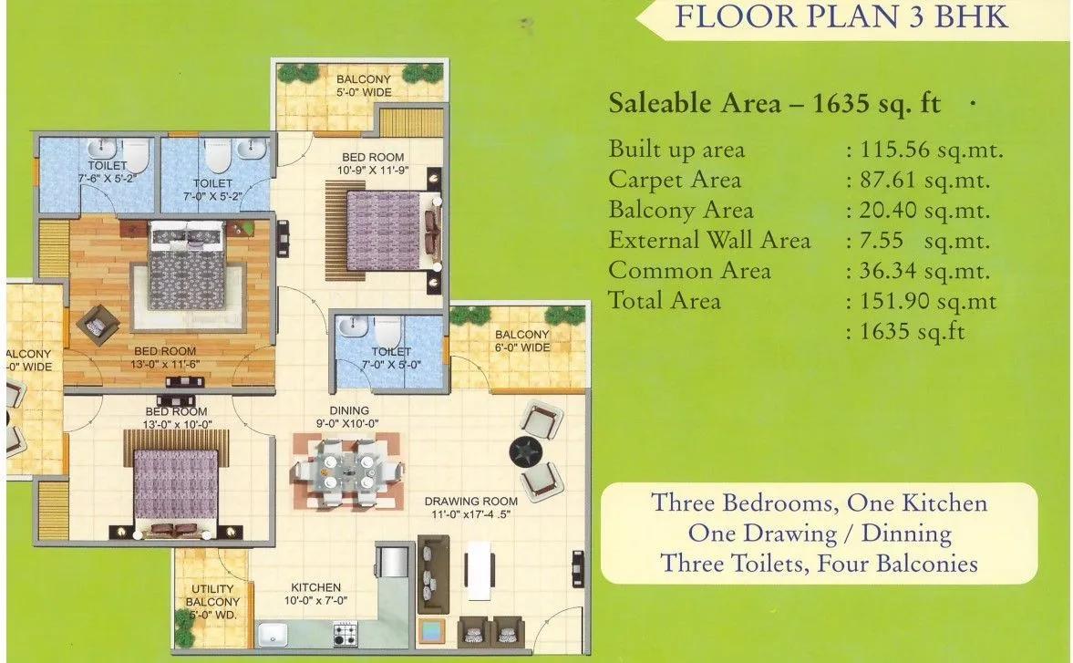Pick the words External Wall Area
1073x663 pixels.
709,241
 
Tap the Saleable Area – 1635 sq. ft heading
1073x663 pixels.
774,102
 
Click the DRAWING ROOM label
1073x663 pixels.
470,501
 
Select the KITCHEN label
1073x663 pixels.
315,587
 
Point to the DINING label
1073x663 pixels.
350,410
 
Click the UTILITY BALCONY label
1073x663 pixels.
212,596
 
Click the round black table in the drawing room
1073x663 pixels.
526,451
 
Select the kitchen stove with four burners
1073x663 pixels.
346,632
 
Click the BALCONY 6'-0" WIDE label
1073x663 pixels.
522,341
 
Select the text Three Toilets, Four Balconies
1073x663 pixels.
819,564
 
